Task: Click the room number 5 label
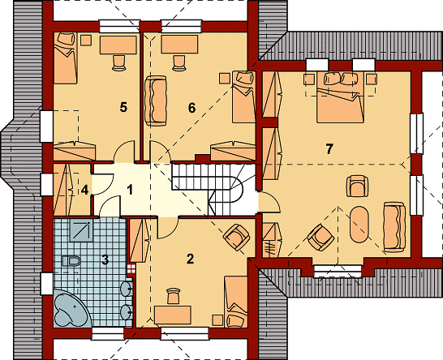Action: [x=123, y=107]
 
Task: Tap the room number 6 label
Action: [x=191, y=108]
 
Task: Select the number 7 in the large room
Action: [x=329, y=149]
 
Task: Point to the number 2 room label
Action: [x=191, y=259]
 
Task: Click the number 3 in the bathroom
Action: [x=105, y=259]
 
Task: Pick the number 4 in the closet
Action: [x=84, y=190]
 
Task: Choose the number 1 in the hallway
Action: [x=130, y=190]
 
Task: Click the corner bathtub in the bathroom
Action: [x=72, y=308]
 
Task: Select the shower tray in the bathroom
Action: [x=82, y=232]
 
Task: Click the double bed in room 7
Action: [x=340, y=97]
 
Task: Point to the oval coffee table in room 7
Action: [x=359, y=225]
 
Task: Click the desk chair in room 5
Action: [x=118, y=62]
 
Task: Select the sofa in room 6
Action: [x=155, y=101]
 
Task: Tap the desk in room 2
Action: [x=173, y=315]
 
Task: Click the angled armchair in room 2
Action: [x=236, y=238]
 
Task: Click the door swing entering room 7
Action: [x=270, y=201]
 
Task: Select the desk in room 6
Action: [x=179, y=44]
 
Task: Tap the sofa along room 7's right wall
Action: [x=394, y=227]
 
